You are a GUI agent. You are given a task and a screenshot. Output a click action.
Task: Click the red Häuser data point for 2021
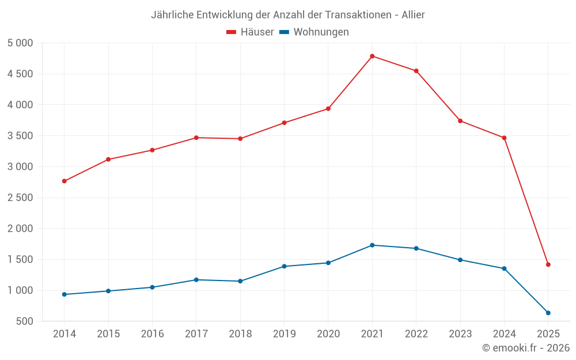372,56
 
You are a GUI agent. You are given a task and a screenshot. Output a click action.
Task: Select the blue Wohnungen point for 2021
372,245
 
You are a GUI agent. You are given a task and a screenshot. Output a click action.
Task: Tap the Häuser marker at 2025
548,264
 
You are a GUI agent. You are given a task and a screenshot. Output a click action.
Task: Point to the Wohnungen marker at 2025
548,313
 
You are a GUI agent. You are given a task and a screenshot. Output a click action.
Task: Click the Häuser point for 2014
64,181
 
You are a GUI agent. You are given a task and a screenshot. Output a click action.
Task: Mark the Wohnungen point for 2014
64,294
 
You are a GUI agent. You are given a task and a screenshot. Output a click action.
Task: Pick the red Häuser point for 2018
240,139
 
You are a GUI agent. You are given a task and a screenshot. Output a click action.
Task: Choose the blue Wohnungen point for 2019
284,266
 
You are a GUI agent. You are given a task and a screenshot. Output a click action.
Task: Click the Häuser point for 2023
460,121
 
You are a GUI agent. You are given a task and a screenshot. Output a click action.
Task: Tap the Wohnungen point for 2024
504,268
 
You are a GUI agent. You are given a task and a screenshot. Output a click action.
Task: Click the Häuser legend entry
251,32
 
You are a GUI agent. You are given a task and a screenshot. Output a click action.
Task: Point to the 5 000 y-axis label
21,43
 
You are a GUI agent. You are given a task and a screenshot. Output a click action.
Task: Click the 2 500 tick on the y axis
21,198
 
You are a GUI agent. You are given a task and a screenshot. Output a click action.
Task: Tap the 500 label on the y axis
25,321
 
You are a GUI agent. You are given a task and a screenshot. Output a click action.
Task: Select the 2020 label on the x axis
328,334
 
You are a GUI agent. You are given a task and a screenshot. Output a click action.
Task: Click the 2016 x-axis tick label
152,334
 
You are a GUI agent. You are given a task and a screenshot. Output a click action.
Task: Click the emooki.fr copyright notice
526,348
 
